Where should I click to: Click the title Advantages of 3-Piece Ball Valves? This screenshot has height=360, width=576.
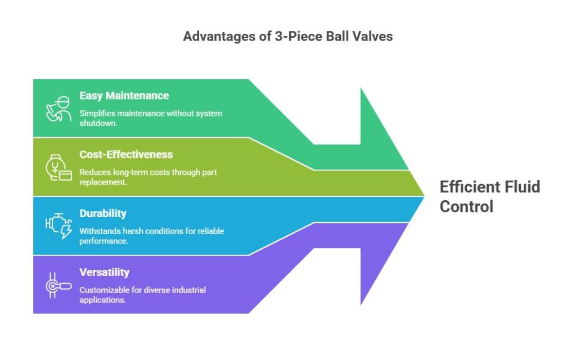coord(288,37)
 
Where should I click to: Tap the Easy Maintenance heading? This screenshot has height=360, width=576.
coord(124,96)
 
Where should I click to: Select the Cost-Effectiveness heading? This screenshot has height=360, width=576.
coord(126,154)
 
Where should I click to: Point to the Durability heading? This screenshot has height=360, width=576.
coord(103,213)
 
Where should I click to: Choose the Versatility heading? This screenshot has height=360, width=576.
coord(104,272)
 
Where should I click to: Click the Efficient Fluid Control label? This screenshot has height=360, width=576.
coord(490,196)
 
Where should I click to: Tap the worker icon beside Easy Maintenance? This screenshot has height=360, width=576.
coord(58,109)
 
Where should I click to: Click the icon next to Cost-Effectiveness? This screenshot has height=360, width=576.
coord(58,168)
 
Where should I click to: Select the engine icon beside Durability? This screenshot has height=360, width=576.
coord(58,226)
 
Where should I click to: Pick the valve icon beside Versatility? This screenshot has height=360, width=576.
coord(58,285)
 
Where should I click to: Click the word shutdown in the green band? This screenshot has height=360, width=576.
coord(98,123)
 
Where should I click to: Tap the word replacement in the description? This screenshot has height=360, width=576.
coord(103,182)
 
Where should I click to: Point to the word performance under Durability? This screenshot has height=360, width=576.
coord(104,241)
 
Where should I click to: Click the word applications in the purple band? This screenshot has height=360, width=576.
coord(102,300)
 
